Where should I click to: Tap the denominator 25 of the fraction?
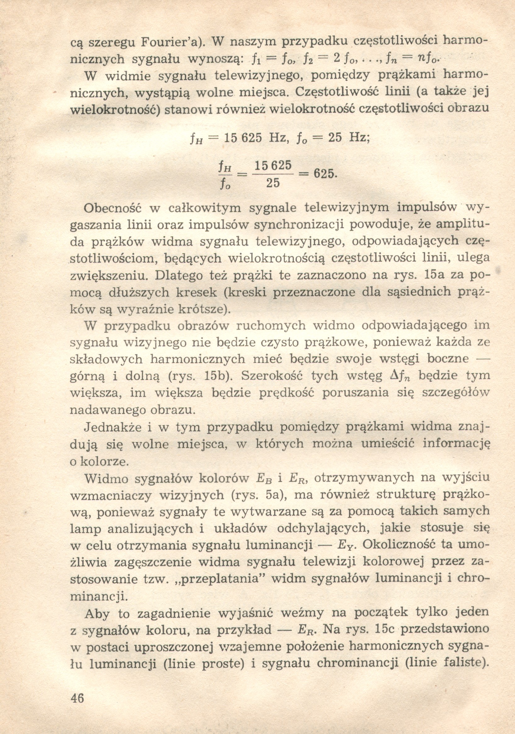(x=273, y=183)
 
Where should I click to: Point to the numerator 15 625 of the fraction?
(x=273, y=165)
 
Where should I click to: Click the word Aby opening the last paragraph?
(x=97, y=613)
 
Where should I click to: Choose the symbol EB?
(x=264, y=478)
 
